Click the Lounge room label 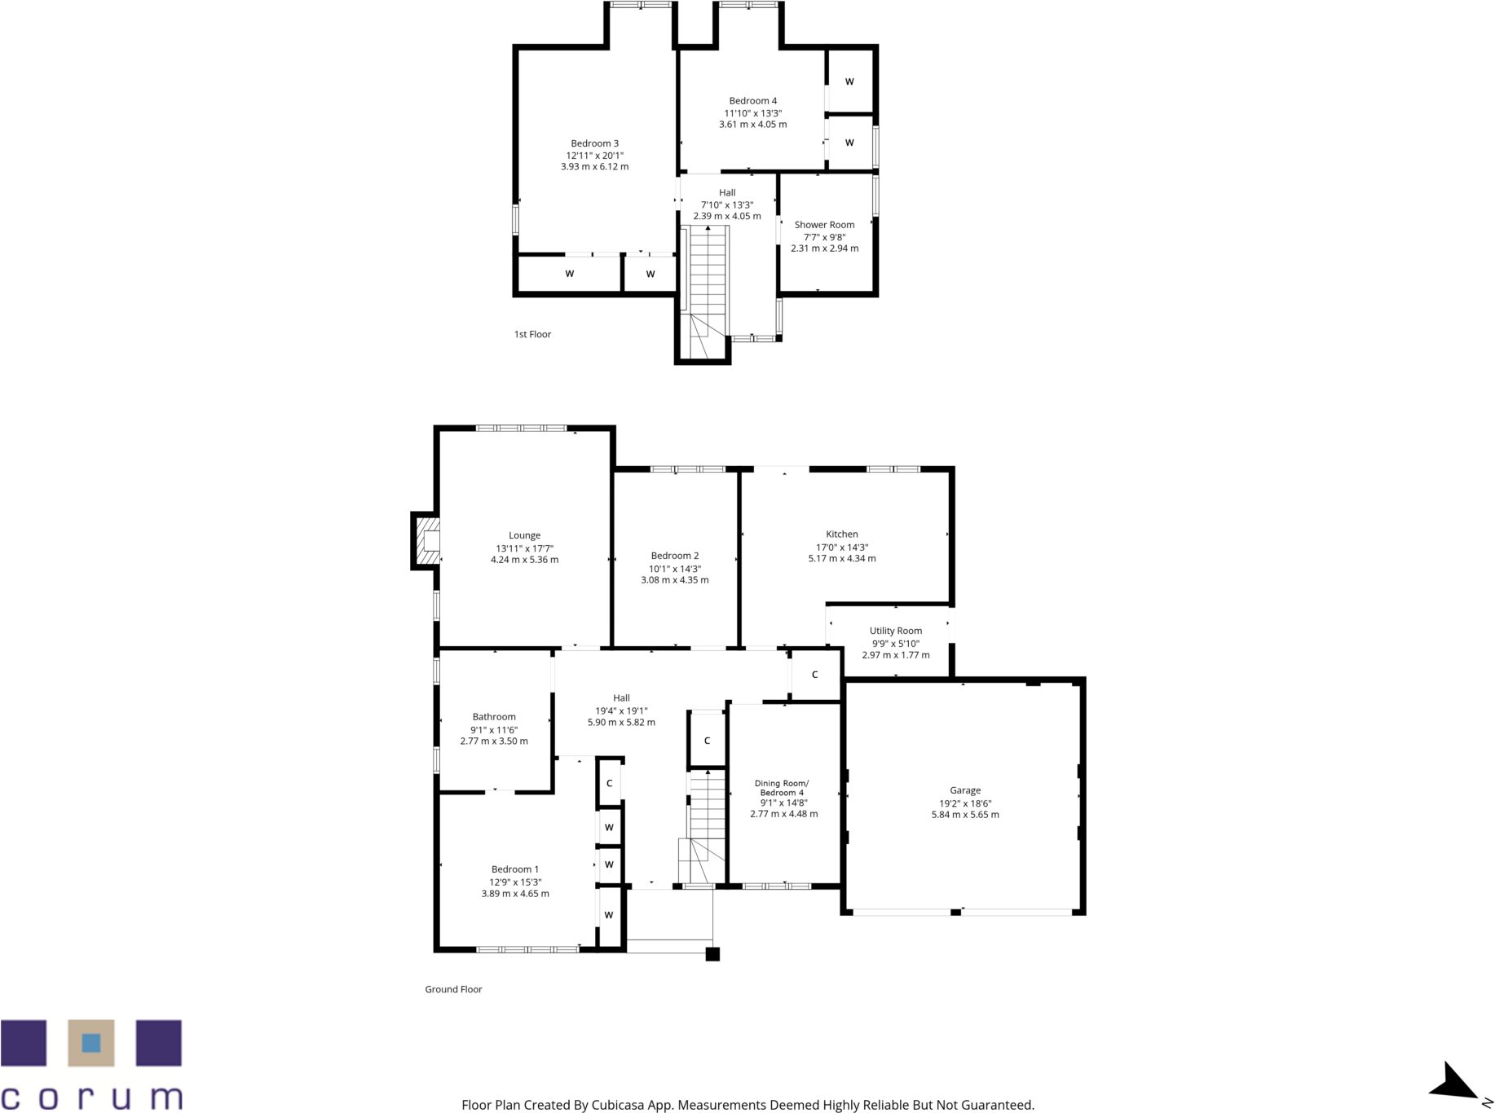524,535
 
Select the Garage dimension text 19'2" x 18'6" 964,803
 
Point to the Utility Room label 895,631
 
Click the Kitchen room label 841,535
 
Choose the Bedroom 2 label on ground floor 674,556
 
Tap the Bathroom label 494,717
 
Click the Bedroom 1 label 514,869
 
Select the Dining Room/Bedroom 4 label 782,787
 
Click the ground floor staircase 706,815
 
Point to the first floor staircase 708,277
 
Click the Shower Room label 824,225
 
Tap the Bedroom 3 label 594,143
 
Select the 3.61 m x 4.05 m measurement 752,125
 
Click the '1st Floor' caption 532,334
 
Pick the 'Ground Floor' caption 453,989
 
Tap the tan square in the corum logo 90,1043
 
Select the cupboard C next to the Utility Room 814,675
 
